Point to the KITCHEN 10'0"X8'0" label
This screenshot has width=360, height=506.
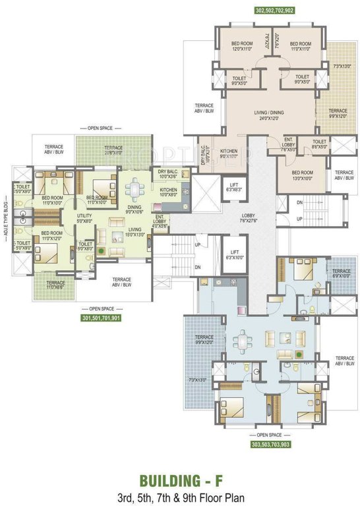[169, 192]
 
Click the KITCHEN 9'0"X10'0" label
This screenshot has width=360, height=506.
[229, 154]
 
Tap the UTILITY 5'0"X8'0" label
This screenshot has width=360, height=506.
[84, 218]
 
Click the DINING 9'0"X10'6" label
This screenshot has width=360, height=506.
[134, 209]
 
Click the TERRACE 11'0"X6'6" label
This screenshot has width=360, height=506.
[55, 285]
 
